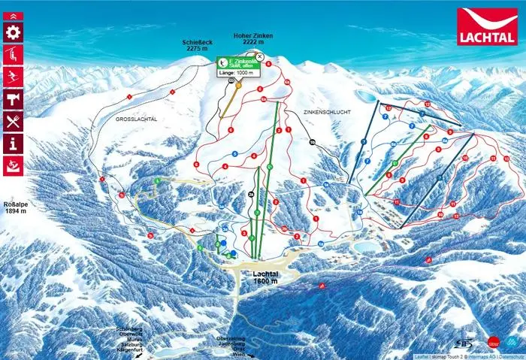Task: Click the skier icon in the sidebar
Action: pos(14,77)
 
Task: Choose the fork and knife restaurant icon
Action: pos(14,121)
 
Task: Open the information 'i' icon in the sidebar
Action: pos(14,143)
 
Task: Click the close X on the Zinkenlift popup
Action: pos(259,56)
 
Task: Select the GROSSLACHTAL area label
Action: pos(136,119)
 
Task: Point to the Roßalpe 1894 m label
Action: pos(16,207)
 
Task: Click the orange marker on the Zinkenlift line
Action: pos(238,85)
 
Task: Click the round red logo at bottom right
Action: pos(493,341)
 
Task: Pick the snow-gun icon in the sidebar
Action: pos(14,165)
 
